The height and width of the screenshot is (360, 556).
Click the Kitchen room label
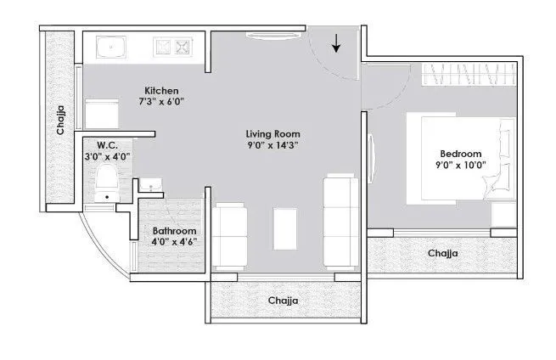pyautogui.click(x=161, y=90)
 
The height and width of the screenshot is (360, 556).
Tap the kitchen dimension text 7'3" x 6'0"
pyautogui.click(x=161, y=102)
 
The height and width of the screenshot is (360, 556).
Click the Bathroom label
pyautogui.click(x=175, y=231)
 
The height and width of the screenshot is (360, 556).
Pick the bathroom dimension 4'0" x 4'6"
pyautogui.click(x=175, y=243)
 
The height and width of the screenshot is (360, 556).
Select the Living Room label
pyautogui.click(x=273, y=133)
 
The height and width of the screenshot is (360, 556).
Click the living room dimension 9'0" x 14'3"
pyautogui.click(x=273, y=145)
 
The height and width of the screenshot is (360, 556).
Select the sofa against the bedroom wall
pyautogui.click(x=340, y=219)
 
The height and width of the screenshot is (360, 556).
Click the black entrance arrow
pyautogui.click(x=337, y=42)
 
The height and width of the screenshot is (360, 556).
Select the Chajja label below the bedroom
pyautogui.click(x=444, y=253)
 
